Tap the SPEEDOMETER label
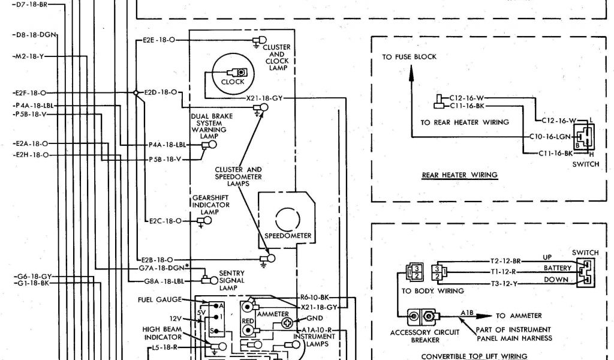pos(288,236)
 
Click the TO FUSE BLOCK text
pos(410,57)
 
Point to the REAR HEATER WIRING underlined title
pos(459,175)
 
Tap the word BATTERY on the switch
pos(557,268)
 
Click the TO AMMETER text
pos(519,316)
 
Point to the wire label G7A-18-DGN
pos(164,268)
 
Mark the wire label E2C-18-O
pos(165,221)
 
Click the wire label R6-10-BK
pos(314,297)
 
